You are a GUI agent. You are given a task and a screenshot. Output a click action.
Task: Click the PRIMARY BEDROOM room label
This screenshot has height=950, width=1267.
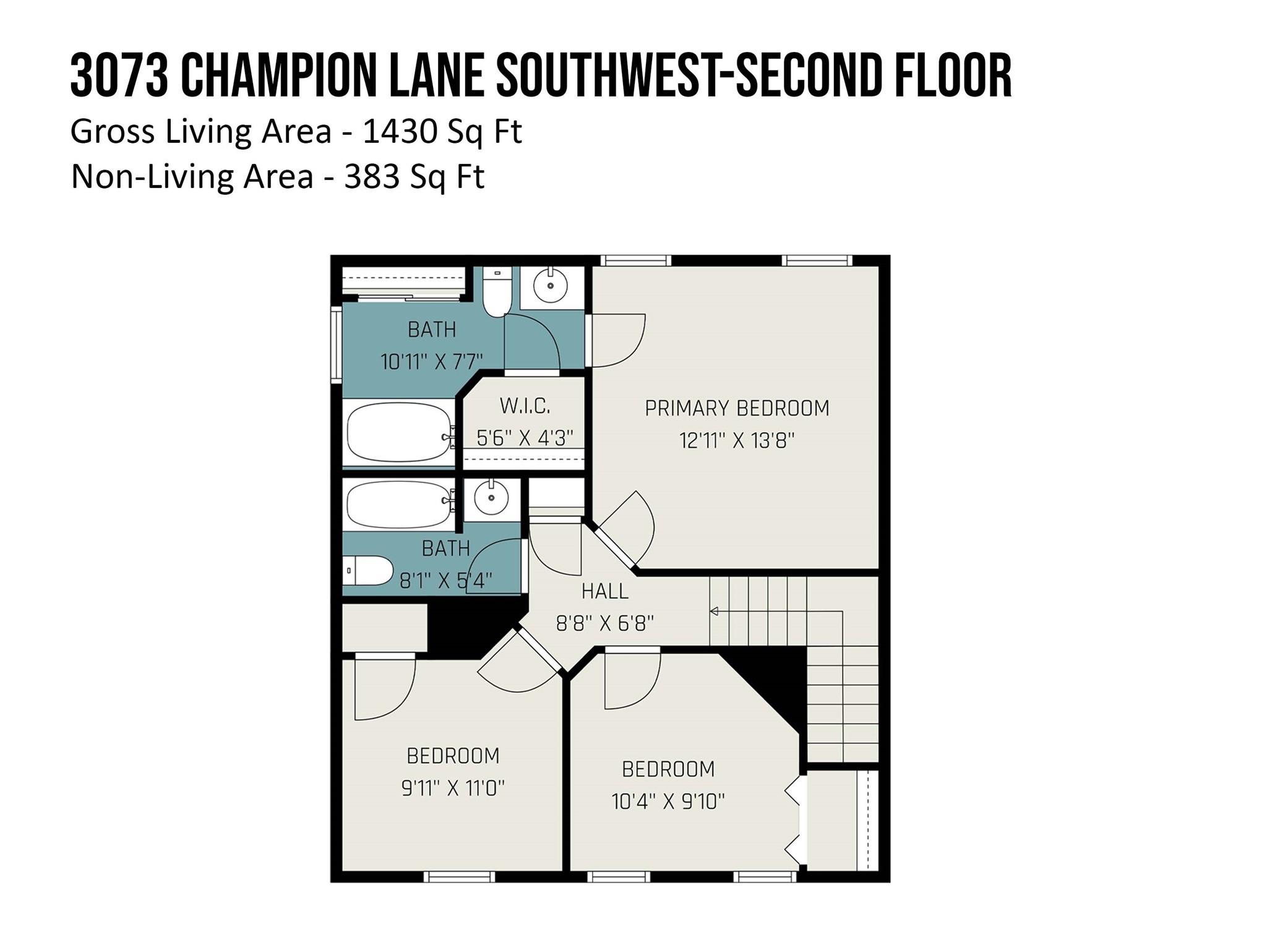(737, 408)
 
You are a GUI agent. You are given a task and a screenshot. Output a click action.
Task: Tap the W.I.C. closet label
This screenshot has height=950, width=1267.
(525, 406)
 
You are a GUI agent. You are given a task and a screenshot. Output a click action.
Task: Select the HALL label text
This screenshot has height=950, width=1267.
(604, 591)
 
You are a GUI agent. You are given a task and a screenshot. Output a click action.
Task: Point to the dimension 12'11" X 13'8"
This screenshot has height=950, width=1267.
(737, 440)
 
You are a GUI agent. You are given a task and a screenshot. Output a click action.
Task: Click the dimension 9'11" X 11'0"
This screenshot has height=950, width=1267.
(453, 788)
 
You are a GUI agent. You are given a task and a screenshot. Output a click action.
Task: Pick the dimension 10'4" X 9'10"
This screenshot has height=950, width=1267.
(668, 802)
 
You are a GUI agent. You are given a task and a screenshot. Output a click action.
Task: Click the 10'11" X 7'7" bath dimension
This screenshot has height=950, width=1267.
(431, 361)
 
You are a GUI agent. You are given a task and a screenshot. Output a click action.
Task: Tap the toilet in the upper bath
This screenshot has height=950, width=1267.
(497, 292)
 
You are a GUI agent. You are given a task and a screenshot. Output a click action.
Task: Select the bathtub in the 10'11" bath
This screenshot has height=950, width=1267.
(400, 432)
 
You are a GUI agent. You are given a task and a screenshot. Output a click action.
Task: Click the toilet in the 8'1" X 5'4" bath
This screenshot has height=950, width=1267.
(368, 570)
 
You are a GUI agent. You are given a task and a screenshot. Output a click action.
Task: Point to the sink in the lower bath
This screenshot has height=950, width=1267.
(491, 497)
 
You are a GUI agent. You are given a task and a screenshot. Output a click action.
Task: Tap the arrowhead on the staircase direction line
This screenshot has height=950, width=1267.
(713, 612)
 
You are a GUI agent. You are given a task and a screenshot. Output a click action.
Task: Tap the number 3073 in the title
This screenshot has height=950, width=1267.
(119, 75)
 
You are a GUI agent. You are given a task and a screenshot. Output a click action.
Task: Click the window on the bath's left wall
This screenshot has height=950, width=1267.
(336, 344)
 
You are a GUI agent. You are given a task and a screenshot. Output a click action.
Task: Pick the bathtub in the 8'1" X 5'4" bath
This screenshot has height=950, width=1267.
(400, 505)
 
